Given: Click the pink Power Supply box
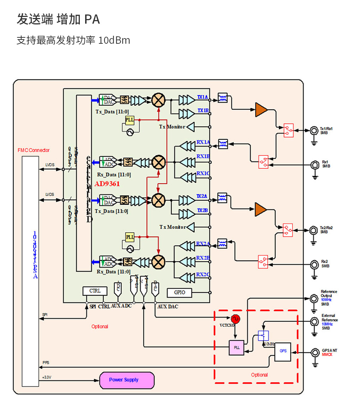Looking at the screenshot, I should (127, 380).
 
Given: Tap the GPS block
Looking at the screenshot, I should (283, 351).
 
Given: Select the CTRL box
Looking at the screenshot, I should (95, 291).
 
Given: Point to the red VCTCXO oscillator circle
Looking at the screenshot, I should (236, 319).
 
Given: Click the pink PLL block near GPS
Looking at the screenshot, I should (236, 348).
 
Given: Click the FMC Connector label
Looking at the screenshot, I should (34, 150).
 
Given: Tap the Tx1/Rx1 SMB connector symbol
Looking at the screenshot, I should (314, 131).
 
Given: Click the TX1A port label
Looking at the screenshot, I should (203, 97).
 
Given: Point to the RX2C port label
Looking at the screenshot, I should (203, 275).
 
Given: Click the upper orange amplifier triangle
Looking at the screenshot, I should (261, 109).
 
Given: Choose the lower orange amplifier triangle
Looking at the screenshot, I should (261, 209).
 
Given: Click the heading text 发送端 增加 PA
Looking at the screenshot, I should (58, 19).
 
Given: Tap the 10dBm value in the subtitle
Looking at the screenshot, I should (114, 40).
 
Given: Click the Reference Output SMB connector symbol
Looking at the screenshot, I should (314, 299).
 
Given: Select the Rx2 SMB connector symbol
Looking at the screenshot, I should (314, 264).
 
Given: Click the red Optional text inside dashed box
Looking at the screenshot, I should (259, 375).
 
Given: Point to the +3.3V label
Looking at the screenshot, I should (46, 377).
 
